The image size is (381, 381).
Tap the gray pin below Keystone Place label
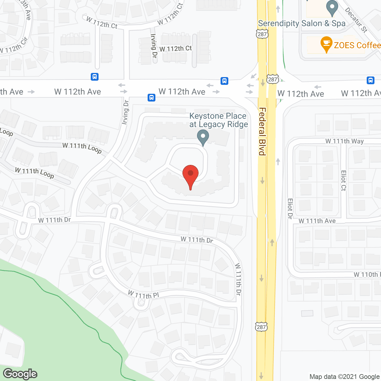pyautogui.click(x=203, y=138)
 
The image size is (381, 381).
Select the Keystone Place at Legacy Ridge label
pyautogui.click(x=218, y=120)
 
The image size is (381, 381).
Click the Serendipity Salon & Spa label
pyautogui.click(x=302, y=24)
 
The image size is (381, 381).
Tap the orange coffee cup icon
pyautogui.click(x=326, y=44)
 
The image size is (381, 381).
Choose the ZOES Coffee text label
pyautogui.click(x=357, y=45)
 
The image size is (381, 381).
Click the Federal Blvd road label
pyautogui.click(x=262, y=131)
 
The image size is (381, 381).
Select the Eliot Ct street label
pyautogui.click(x=344, y=180)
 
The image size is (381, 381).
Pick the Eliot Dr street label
pyautogui.click(x=290, y=208)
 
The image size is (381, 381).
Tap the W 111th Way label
pyautogui.click(x=344, y=141)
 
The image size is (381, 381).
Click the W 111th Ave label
pyautogui.click(x=317, y=221)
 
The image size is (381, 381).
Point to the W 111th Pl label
pyautogui.click(x=143, y=295)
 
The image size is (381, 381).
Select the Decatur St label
pyautogui.click(x=356, y=20)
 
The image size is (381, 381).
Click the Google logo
pyautogui.click(x=20, y=374)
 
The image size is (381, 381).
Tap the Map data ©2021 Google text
pyautogui.click(x=344, y=377)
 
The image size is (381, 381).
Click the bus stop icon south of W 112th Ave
pyautogui.click(x=152, y=97)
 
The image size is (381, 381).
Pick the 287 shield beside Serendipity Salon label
pyautogui.click(x=262, y=34)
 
